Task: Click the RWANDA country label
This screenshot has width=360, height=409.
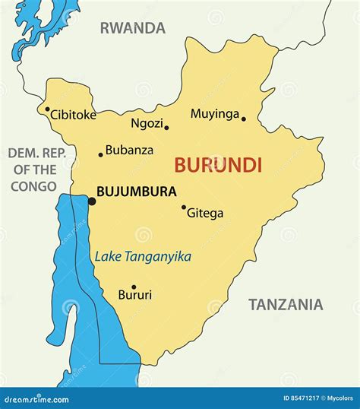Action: tap(132, 29)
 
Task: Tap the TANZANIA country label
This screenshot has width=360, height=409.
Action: tap(286, 305)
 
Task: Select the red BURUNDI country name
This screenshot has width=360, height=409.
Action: tap(218, 164)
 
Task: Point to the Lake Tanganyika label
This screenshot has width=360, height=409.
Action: tap(143, 257)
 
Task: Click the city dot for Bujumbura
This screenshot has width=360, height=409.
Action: tap(92, 201)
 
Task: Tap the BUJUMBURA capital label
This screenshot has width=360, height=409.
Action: tap(137, 192)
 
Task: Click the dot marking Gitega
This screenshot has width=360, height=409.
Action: tap(184, 207)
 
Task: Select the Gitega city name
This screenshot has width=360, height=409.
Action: tap(205, 214)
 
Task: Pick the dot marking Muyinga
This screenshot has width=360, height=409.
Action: tap(244, 119)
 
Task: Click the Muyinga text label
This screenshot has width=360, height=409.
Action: tap(214, 114)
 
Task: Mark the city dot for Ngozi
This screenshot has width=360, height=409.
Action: tap(166, 127)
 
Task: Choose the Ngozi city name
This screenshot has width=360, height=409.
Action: tap(146, 122)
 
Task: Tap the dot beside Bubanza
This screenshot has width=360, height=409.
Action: tap(100, 154)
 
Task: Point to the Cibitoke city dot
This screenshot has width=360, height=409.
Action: tap(48, 109)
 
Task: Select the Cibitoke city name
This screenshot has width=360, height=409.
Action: tap(74, 116)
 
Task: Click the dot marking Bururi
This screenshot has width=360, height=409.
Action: tap(134, 287)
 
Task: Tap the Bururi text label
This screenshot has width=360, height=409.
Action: tap(135, 295)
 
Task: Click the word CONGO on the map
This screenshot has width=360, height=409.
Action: tap(33, 186)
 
